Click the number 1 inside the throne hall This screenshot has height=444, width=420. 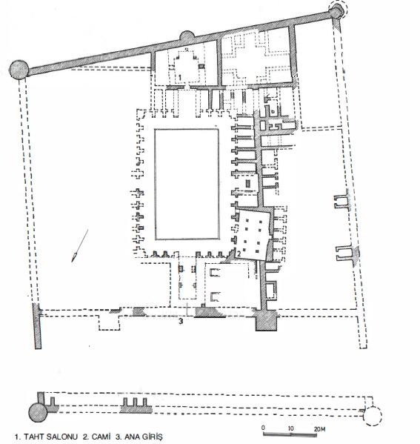tap(179, 77)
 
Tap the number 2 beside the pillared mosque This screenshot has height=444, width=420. tap(239, 254)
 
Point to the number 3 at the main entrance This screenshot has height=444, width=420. tap(181, 322)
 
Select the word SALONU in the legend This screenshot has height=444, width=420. tap(62, 437)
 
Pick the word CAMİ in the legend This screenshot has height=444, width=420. tap(101, 437)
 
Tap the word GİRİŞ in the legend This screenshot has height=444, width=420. tap(153, 437)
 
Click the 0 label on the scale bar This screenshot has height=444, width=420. tap(263, 428)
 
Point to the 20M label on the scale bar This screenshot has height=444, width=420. tap(319, 429)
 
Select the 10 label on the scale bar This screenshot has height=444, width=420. tap(290, 428)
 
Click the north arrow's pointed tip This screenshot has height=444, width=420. tap(72, 261)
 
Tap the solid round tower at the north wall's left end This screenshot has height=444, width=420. tap(19, 70)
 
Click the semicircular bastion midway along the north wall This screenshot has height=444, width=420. tap(187, 36)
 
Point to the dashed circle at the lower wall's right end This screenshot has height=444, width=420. tap(373, 416)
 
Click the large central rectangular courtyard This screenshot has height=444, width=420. tap(187, 184)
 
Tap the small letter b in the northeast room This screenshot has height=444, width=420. tap(273, 112)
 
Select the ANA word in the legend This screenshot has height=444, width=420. tap(131, 437)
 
